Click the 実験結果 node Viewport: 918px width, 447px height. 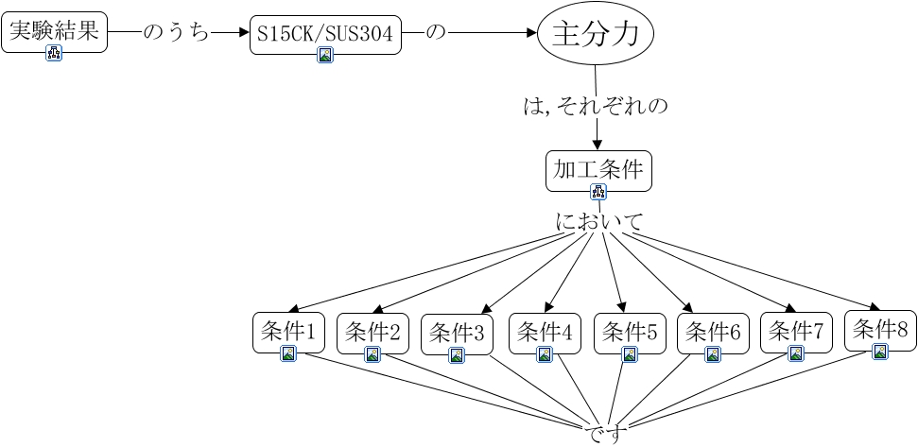pos(55,32)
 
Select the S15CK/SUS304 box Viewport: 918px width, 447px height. pos(325,35)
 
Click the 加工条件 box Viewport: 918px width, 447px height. pos(598,171)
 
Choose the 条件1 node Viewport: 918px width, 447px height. pos(288,333)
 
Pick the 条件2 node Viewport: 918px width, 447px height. pos(372,334)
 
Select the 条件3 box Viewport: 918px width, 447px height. pos(457,335)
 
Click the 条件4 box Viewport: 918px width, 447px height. pos(545,334)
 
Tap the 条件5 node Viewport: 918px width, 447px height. pos(630,334)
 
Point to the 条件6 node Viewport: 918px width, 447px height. pos(713,334)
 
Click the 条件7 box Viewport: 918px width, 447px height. pos(796,333)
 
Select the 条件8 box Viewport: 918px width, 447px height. pos(880,331)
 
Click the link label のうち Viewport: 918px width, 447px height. pos(176,33)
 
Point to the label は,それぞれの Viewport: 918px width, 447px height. pos(596,107)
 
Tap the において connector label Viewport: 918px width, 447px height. pos(599,222)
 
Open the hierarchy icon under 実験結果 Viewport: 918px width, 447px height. pos(55,53)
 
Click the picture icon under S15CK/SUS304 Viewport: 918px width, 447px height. pos(325,55)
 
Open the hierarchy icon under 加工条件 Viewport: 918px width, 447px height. pos(598,191)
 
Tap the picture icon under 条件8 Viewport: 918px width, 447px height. pos(880,352)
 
